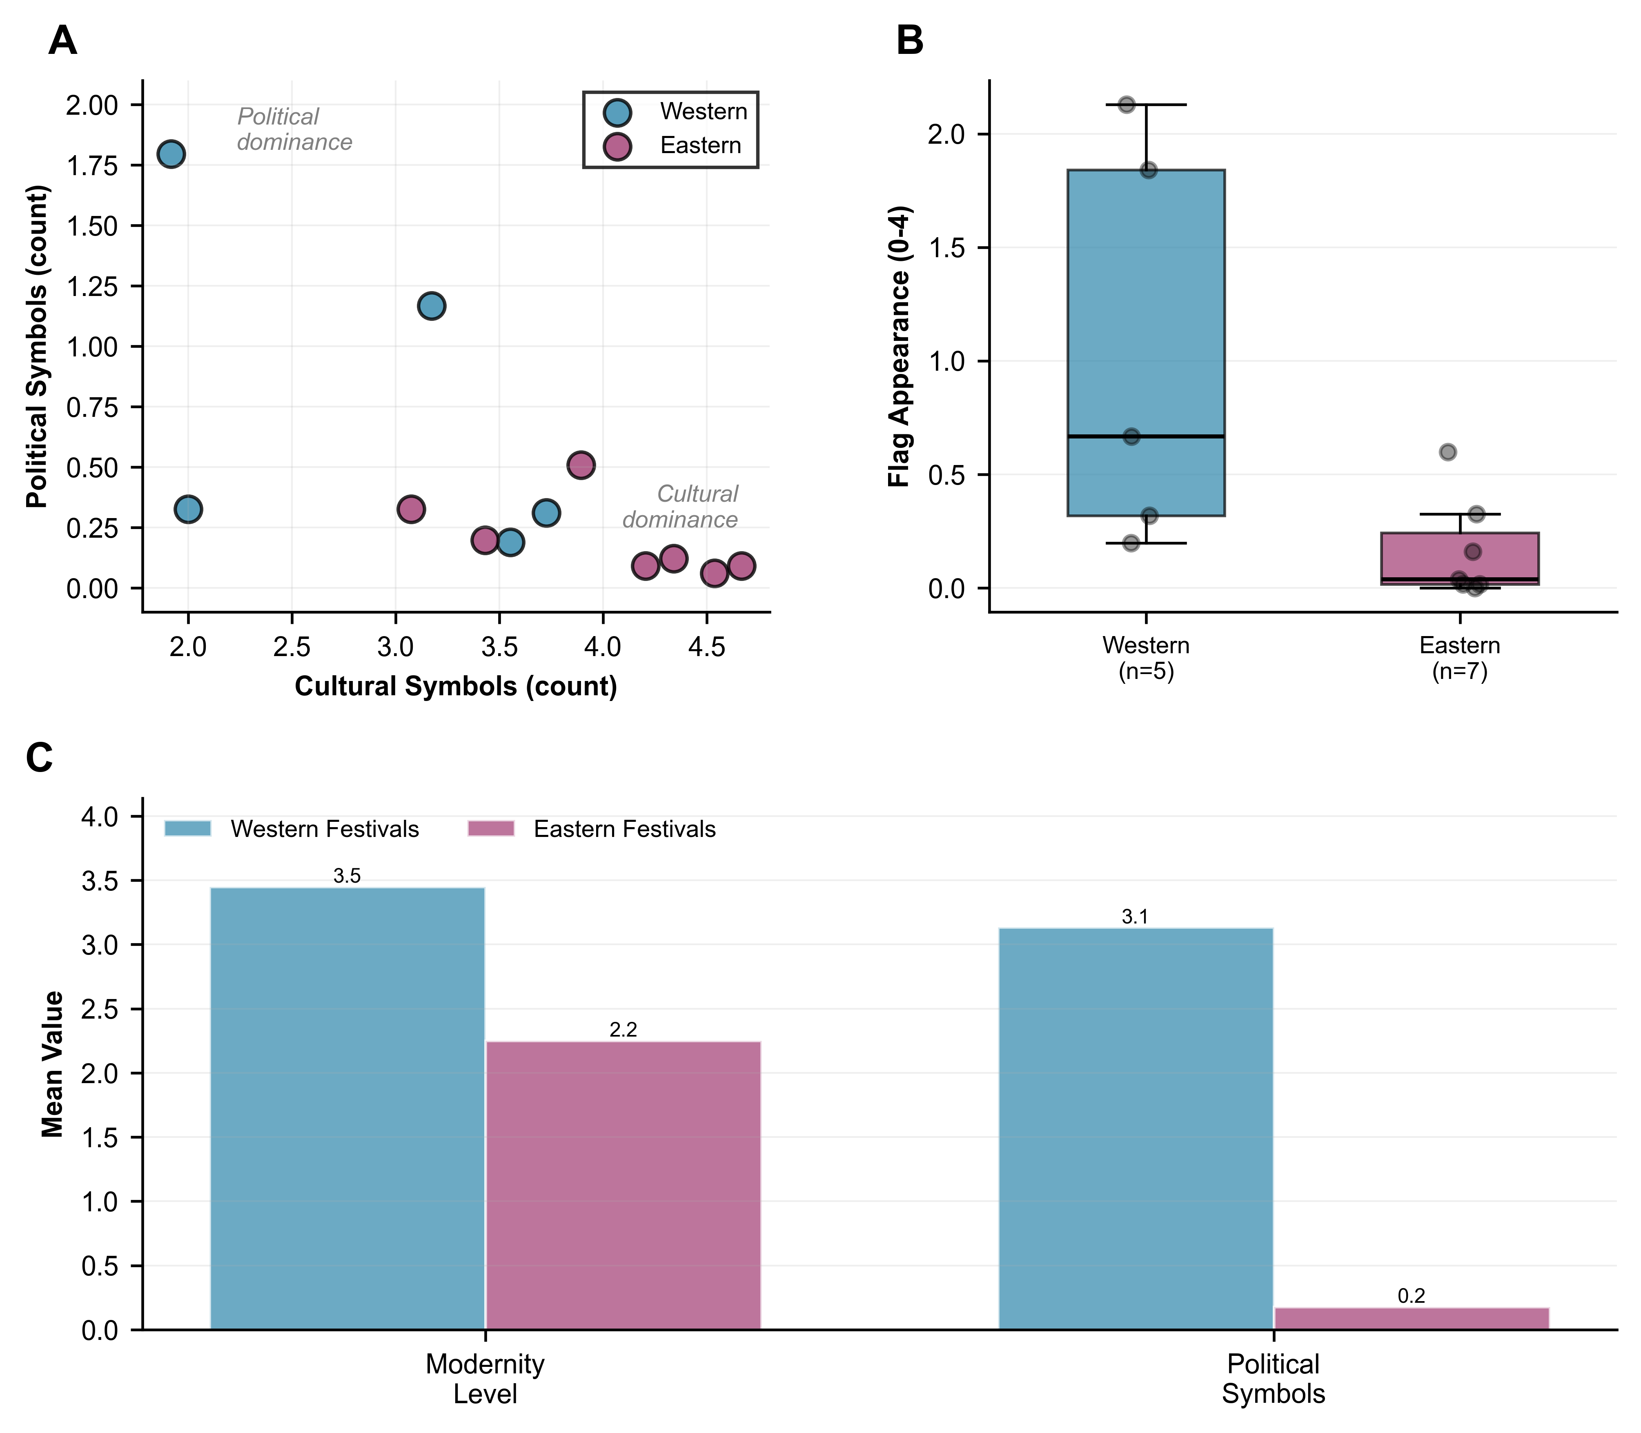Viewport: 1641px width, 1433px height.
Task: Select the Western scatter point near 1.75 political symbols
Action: click(170, 154)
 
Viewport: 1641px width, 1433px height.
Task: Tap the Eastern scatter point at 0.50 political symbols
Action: click(581, 465)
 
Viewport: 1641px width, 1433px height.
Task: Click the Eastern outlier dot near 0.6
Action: click(1447, 452)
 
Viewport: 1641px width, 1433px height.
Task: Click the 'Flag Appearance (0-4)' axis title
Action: click(900, 346)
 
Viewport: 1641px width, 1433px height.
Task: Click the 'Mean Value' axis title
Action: click(53, 1064)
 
